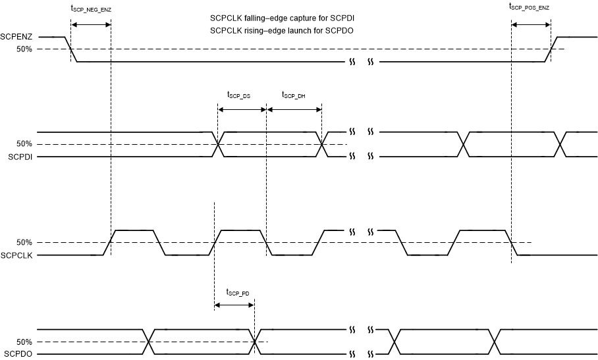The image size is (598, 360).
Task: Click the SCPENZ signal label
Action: coord(14,38)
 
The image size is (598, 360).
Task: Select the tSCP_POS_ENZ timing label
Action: coord(529,7)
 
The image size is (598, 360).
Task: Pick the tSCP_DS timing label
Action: coord(238,95)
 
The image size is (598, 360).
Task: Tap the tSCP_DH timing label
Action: coord(293,95)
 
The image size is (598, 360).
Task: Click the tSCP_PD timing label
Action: coord(237,292)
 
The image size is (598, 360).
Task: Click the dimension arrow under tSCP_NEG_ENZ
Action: coord(91,25)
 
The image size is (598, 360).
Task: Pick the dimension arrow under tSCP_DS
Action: coord(241,109)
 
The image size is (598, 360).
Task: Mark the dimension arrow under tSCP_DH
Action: coord(294,109)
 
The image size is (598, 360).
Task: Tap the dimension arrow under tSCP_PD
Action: coord(234,305)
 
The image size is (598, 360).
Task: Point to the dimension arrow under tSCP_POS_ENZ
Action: coord(531,25)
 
